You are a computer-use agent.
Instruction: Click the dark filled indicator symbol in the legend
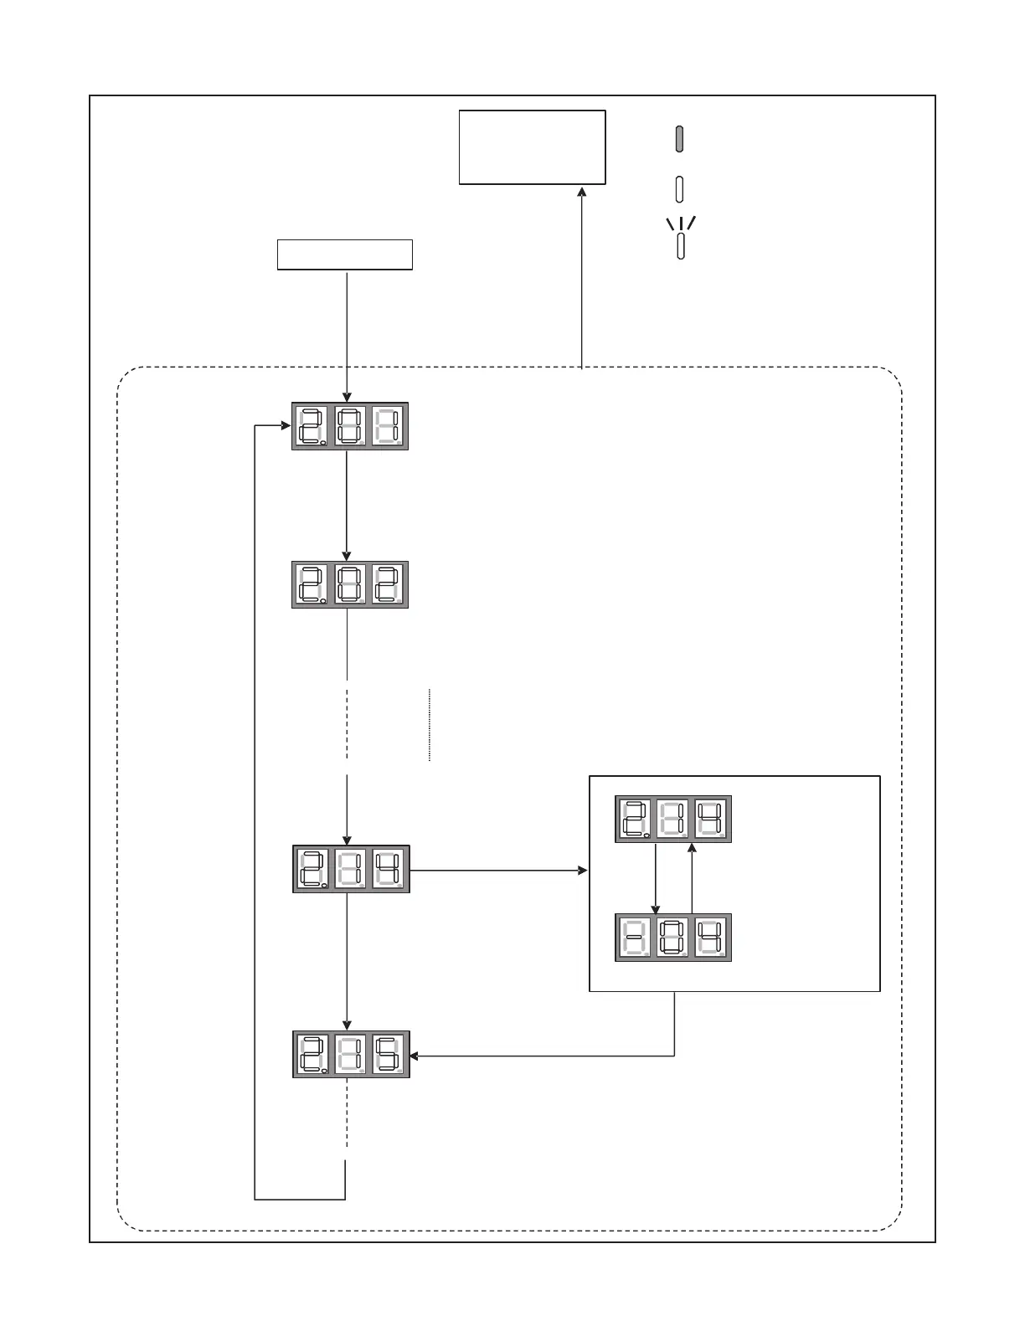click(680, 139)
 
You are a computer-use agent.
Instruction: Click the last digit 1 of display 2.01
click(388, 427)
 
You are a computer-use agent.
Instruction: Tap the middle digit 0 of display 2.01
click(351, 427)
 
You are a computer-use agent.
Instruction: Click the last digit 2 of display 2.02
click(388, 584)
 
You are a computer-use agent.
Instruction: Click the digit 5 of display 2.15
click(389, 1054)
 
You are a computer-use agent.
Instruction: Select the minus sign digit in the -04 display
click(635, 938)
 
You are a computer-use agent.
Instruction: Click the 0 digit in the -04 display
click(673, 938)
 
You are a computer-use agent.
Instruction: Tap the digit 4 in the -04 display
click(712, 938)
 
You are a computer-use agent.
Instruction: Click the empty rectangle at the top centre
click(532, 147)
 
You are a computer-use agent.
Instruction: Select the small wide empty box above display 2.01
click(344, 254)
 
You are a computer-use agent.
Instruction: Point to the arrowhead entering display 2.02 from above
click(347, 556)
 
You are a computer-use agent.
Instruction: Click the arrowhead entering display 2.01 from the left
click(286, 426)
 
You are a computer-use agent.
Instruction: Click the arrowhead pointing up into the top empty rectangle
click(581, 192)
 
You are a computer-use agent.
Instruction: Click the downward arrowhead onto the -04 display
click(655, 908)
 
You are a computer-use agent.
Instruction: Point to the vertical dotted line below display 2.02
click(430, 725)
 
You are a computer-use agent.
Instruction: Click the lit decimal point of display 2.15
click(323, 1071)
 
